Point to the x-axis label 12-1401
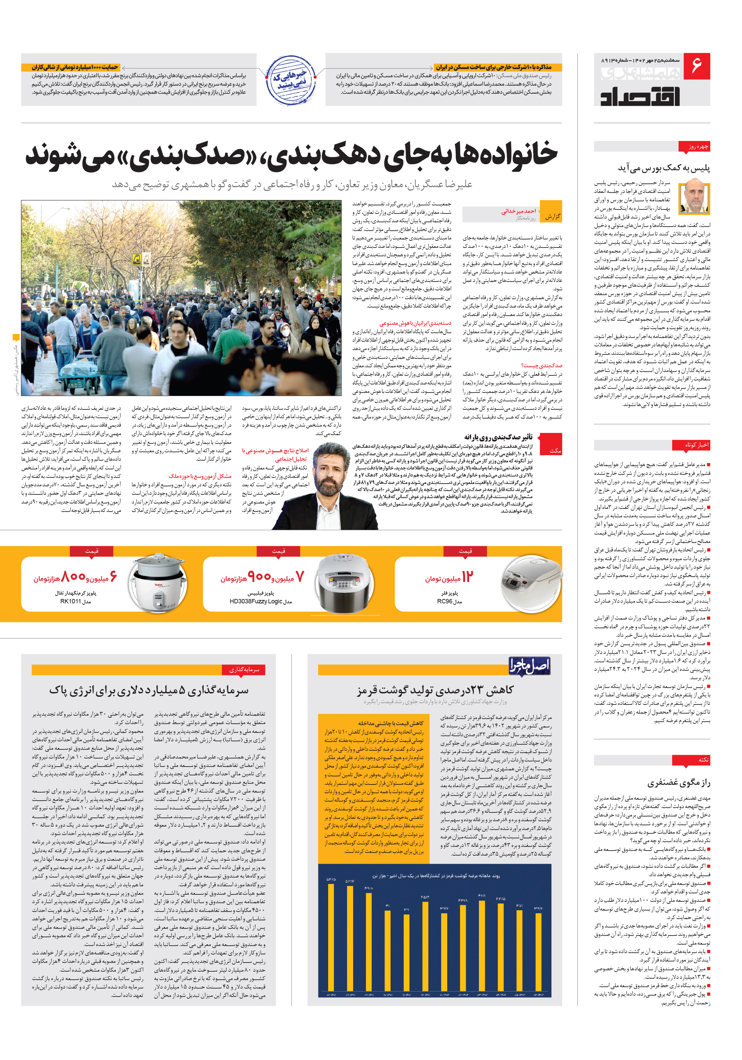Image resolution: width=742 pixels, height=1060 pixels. [x=425, y=995]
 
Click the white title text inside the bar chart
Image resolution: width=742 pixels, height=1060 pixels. [x=436, y=876]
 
